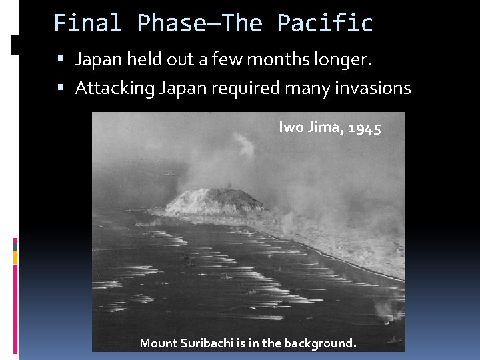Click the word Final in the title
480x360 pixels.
point(88,23)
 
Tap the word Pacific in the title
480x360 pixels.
point(325,23)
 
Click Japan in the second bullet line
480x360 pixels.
point(178,88)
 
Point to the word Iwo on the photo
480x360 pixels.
point(290,127)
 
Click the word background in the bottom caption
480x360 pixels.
point(320,343)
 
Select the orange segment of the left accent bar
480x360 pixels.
point(15,257)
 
